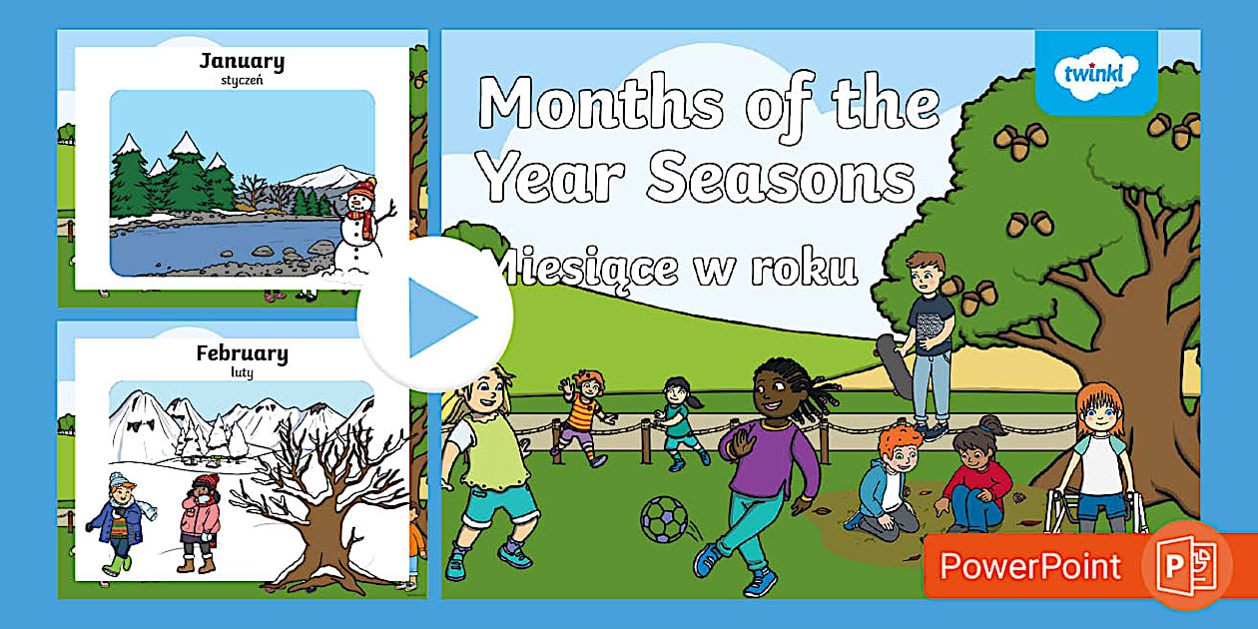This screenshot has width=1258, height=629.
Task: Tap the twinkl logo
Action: pyautogui.click(x=1095, y=73)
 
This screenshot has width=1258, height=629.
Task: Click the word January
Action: pyautogui.click(x=242, y=61)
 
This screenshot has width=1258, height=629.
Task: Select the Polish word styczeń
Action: pyautogui.click(x=242, y=80)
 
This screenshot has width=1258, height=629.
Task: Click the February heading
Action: pyautogui.click(x=242, y=353)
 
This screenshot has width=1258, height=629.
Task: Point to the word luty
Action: pyautogui.click(x=242, y=372)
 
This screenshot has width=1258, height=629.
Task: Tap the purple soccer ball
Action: pyautogui.click(x=664, y=519)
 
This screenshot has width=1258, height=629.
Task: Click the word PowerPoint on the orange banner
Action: pyautogui.click(x=1030, y=565)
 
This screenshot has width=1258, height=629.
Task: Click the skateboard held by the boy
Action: pyautogui.click(x=896, y=366)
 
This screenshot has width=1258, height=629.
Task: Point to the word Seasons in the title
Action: pyautogui.click(x=781, y=178)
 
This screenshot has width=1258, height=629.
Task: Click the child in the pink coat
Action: pyautogui.click(x=200, y=523)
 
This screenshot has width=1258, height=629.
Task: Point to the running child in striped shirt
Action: pyautogui.click(x=582, y=418)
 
